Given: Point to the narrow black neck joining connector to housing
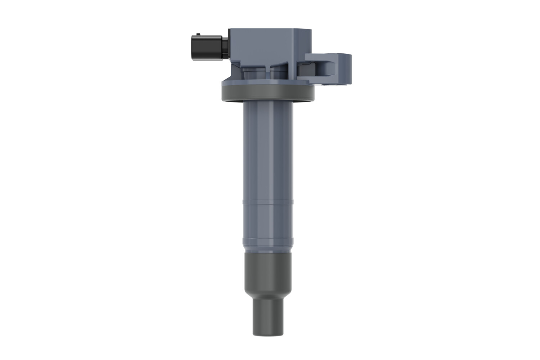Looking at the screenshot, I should pyautogui.click(x=225, y=47).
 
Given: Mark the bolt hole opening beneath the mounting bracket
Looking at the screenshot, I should pyautogui.click(x=328, y=85).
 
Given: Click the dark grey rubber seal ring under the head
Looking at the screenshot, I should pyautogui.click(x=267, y=94).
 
